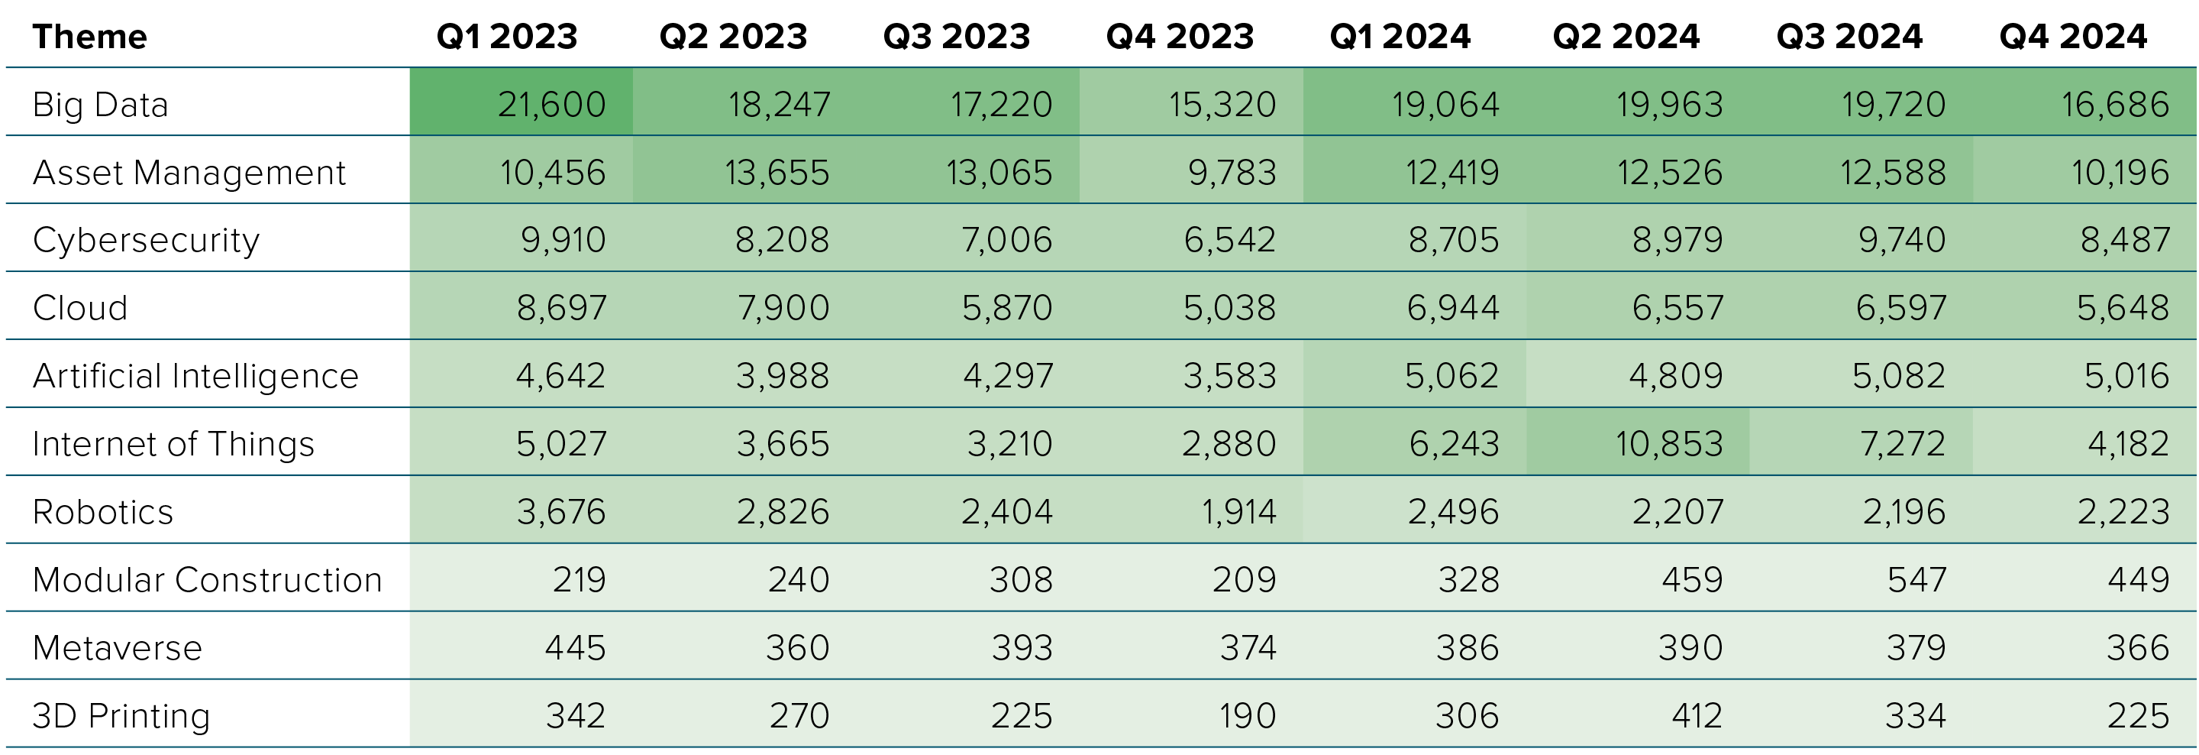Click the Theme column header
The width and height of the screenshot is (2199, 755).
89,37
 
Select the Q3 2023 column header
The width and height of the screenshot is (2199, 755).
956,37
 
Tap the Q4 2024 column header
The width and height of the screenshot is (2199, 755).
2073,37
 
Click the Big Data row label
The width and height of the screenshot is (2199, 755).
100,105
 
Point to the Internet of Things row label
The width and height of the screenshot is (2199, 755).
173,444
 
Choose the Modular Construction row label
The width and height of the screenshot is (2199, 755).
207,580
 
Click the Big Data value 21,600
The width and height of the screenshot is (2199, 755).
551,105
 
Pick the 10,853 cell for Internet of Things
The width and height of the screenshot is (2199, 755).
1668,444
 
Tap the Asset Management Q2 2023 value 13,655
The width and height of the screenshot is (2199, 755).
777,173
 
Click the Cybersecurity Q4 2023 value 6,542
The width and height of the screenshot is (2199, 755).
1229,240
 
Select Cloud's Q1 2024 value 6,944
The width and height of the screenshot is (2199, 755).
1452,307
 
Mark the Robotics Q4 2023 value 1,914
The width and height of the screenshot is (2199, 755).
1238,511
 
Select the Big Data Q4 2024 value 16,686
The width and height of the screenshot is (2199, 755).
2114,105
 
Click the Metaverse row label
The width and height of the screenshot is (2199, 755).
117,647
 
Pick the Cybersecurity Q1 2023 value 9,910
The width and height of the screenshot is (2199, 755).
563,240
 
